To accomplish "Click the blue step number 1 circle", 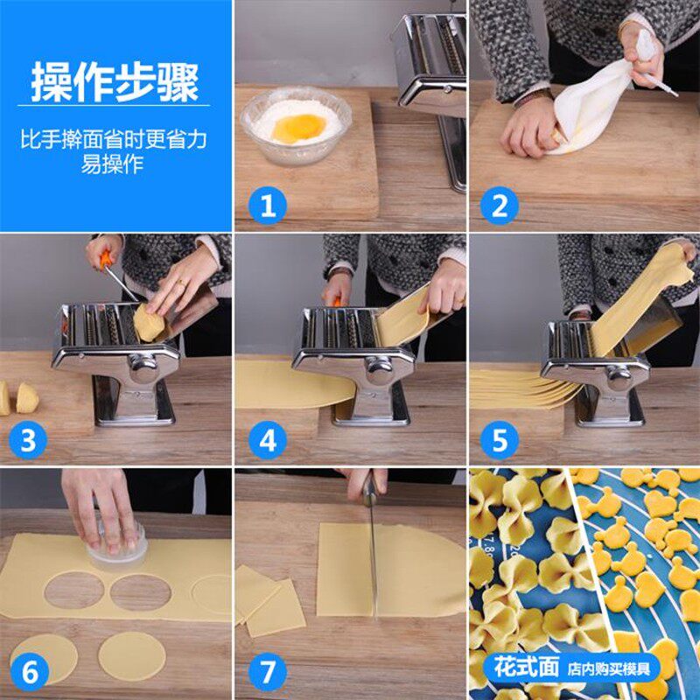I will point(267,206).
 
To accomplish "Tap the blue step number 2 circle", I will point(500,206).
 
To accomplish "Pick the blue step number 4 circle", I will point(267,440).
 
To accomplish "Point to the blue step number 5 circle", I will point(500,440).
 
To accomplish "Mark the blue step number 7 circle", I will point(267,673).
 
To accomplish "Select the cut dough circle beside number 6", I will point(131,654).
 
